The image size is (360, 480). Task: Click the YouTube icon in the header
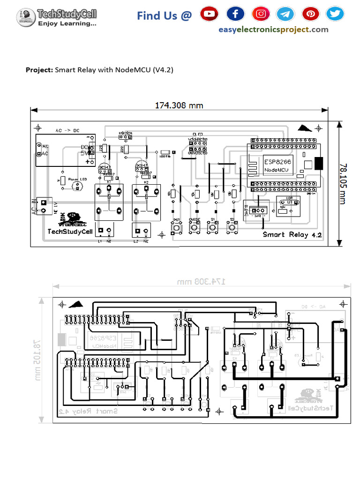209,14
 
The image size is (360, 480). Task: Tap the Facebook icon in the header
235,14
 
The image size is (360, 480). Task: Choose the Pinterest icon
310,14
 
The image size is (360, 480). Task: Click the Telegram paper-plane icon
285,14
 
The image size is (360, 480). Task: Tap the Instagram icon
261,14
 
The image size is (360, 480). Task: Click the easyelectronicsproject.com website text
273,30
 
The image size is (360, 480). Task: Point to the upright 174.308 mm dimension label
179,105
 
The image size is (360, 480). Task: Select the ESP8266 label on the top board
277,160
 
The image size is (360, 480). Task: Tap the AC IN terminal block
44,206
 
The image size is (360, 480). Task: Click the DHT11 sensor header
257,211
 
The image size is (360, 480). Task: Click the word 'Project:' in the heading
39,70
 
